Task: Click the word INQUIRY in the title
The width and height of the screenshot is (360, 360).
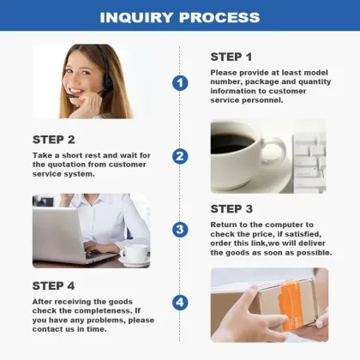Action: (136, 17)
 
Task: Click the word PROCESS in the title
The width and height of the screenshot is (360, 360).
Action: (219, 17)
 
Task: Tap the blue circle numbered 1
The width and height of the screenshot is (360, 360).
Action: (180, 83)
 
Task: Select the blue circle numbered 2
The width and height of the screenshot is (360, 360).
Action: (180, 156)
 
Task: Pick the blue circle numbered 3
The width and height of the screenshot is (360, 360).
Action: (180, 230)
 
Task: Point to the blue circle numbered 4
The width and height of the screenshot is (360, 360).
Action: (180, 303)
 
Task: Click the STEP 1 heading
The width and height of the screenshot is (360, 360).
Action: (231, 57)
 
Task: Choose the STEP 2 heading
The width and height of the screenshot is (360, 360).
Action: (53, 140)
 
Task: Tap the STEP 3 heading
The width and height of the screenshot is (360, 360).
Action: (231, 209)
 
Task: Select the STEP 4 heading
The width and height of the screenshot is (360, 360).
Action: (53, 285)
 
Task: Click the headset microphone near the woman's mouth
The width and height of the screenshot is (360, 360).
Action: (71, 96)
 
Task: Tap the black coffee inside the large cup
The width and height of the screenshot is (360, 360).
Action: (231, 142)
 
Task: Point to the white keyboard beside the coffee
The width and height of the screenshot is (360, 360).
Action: (309, 163)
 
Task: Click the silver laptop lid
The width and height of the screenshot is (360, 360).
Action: (57, 233)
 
